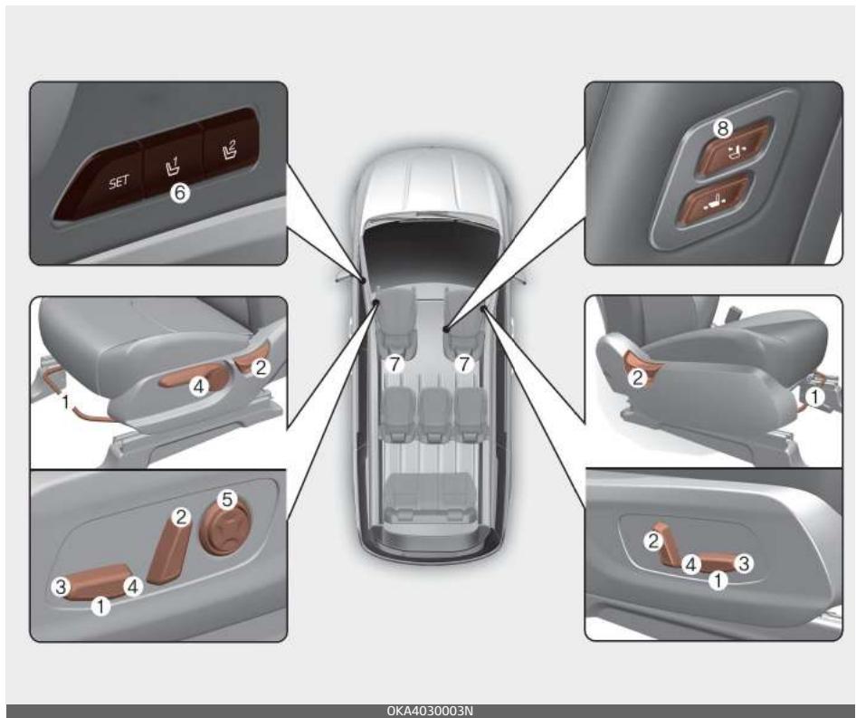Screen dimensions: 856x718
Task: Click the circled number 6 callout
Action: (x=179, y=192)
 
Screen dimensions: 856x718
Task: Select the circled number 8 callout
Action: (x=722, y=129)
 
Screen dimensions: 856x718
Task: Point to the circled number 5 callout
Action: (x=226, y=499)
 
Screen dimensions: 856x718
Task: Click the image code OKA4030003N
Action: (x=430, y=711)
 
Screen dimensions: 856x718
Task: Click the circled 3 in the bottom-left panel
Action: (x=62, y=587)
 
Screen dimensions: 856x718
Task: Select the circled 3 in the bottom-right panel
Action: (x=743, y=563)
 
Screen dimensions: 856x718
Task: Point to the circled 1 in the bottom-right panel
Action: (x=718, y=580)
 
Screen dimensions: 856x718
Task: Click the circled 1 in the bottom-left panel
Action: (x=100, y=606)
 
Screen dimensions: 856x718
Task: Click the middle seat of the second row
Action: (x=434, y=414)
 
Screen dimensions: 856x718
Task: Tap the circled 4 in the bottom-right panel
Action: (x=691, y=564)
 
